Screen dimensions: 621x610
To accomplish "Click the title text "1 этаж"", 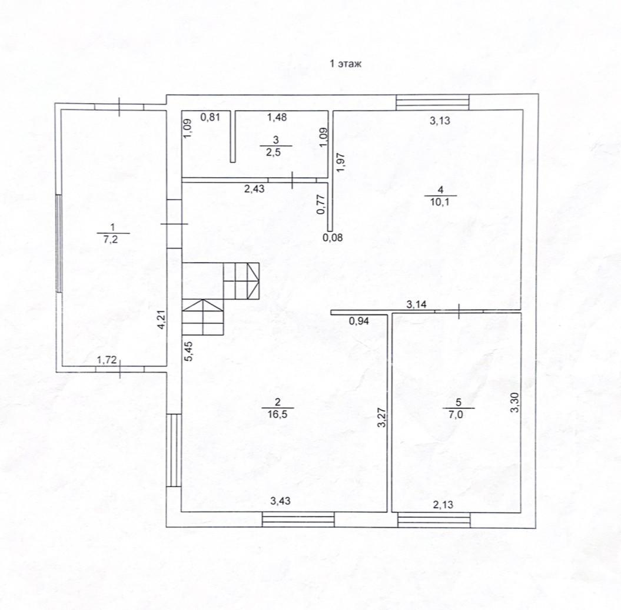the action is click(346, 64).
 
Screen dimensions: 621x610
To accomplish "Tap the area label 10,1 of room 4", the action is click(440, 202).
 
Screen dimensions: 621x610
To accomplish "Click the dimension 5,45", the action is click(189, 351).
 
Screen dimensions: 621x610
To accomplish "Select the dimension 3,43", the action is click(280, 501).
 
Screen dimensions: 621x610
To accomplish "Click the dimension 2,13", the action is click(443, 505).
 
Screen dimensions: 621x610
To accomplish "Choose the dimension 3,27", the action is click(382, 418).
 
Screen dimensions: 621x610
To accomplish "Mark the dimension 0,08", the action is click(333, 238).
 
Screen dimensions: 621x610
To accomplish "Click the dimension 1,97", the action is click(341, 163).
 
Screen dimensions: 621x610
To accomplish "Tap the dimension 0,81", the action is click(210, 117).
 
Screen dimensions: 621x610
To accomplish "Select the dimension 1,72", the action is click(107, 360).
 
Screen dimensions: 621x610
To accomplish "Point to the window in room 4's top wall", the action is click(433, 102).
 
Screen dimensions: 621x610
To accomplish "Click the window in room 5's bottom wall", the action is click(434, 520).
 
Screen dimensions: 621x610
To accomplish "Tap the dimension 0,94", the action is click(359, 321).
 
